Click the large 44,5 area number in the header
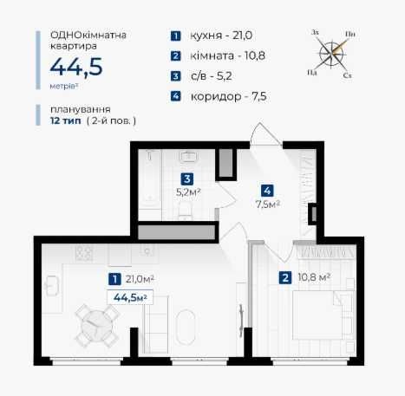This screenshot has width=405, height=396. (76, 68)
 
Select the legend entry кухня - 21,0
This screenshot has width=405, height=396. (221, 36)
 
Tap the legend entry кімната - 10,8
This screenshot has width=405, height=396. (227, 55)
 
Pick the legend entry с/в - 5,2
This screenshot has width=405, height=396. (212, 76)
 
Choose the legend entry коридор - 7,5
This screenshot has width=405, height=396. (228, 96)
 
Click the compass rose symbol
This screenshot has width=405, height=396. (332, 54)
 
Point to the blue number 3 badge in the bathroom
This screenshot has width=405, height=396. (187, 179)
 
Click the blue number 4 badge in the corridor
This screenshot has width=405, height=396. (267, 191)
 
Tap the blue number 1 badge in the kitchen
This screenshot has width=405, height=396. (114, 279)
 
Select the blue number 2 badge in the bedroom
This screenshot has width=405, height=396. (285, 278)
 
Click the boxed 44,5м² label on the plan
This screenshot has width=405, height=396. (130, 297)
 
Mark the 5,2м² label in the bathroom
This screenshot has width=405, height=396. (188, 192)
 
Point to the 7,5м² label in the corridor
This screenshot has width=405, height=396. (268, 204)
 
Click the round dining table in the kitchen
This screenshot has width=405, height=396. (97, 326)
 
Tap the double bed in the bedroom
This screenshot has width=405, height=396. (323, 315)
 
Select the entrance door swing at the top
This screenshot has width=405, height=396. (265, 133)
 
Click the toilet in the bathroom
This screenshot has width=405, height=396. (185, 210)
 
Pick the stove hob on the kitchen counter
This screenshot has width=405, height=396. (84, 253)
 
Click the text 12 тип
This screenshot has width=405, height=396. (66, 120)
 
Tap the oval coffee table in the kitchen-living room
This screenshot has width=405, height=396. (186, 328)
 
